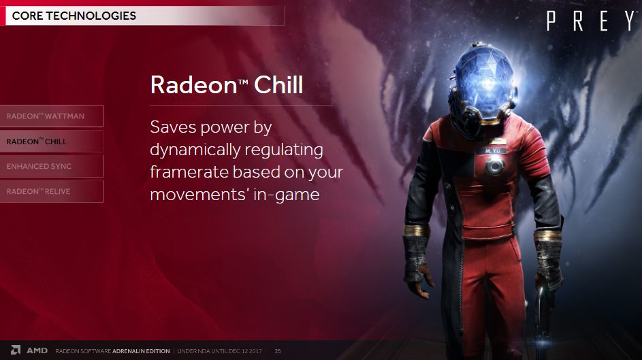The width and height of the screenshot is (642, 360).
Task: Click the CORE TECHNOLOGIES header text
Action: click(x=74, y=16)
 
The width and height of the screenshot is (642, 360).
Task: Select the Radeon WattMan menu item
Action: click(x=52, y=116)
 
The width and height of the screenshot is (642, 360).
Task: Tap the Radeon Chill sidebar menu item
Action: click(x=52, y=142)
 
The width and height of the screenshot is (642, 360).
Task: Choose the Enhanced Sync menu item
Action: click(x=52, y=167)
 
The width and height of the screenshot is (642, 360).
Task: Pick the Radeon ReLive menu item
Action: click(x=52, y=191)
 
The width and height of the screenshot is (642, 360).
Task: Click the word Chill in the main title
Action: click(x=278, y=84)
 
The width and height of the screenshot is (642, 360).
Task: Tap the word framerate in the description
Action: click(x=189, y=172)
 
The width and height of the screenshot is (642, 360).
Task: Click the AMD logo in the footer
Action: click(x=29, y=350)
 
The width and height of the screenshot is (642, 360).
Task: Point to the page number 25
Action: click(x=278, y=351)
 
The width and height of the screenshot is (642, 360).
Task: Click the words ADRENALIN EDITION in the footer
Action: click(x=141, y=351)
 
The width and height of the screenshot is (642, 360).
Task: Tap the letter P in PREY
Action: click(x=551, y=21)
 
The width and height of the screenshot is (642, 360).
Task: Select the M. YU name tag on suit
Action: click(x=492, y=151)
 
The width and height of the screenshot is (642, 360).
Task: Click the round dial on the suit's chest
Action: click(x=494, y=166)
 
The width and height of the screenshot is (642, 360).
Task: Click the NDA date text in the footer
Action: click(x=219, y=351)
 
